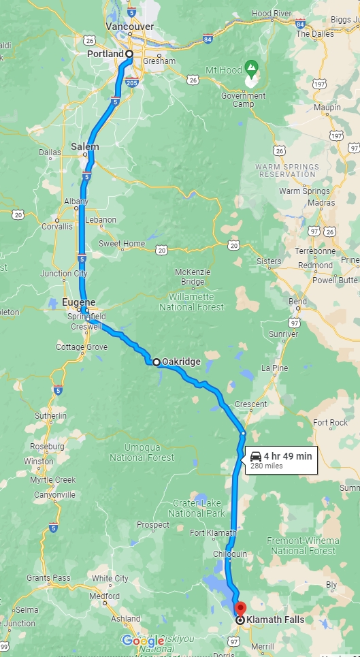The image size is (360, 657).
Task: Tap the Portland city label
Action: click(105, 54)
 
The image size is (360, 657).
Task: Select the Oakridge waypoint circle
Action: click(157, 362)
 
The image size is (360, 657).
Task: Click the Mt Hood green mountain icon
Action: click(251, 68)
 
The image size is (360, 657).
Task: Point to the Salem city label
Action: click(85, 146)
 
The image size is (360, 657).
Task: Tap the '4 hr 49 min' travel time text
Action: click(289, 455)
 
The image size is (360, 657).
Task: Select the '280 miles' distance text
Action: click(266, 466)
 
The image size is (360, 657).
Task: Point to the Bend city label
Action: click(298, 302)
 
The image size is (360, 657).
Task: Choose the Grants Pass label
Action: click(48, 578)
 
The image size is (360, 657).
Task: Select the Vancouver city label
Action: click(129, 26)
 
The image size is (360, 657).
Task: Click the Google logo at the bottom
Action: click(143, 641)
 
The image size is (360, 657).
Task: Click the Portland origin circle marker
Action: click(129, 53)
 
